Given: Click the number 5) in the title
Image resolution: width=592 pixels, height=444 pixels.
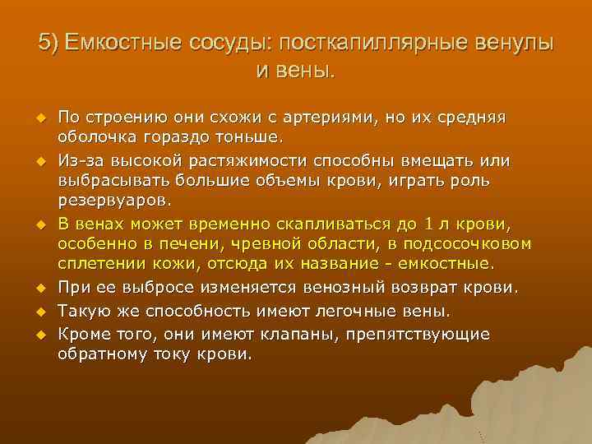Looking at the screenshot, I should tap(50, 44).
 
